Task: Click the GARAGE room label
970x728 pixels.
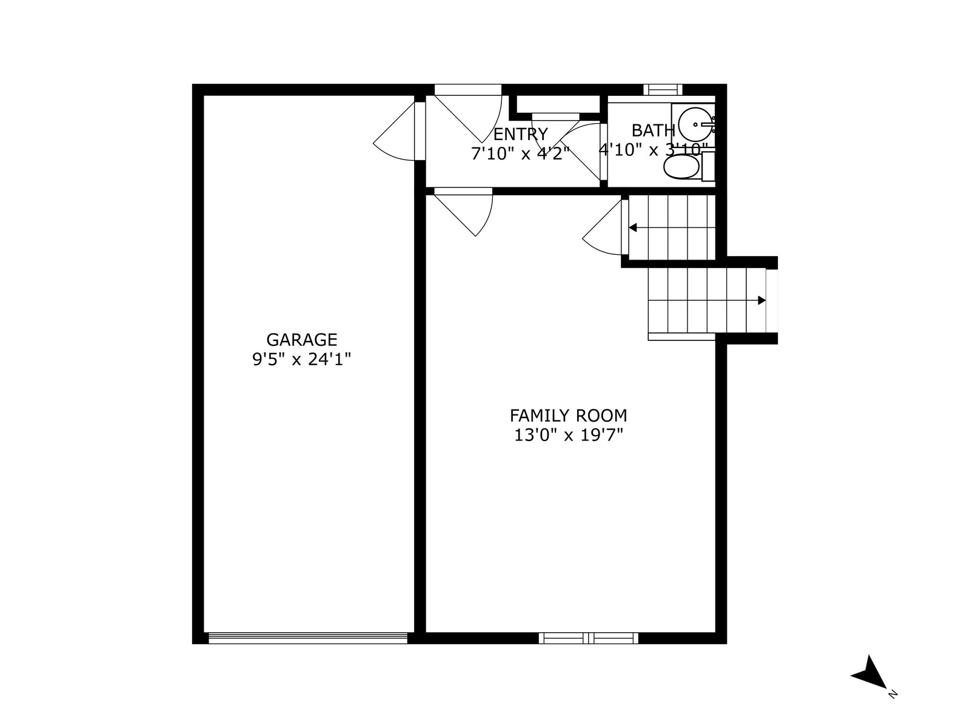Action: [x=302, y=340]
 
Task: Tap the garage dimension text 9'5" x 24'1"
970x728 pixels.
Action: [x=302, y=359]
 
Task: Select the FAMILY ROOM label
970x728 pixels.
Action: [x=568, y=416]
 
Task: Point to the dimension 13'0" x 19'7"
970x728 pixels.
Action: [x=568, y=436]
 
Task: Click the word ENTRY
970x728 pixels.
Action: [x=520, y=133]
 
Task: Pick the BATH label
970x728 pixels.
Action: [x=653, y=130]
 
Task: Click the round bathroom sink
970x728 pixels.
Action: [x=695, y=124]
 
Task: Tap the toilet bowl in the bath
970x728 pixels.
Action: [x=681, y=167]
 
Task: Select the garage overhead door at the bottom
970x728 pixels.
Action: [x=307, y=638]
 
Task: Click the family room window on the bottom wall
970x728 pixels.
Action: [x=589, y=638]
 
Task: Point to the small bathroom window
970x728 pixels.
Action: [x=663, y=90]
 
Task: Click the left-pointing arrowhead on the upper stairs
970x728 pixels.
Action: [x=633, y=227]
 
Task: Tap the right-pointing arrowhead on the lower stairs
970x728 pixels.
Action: [x=762, y=300]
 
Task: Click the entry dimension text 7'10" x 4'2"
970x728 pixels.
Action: [x=520, y=153]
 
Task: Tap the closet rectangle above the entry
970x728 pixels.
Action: [x=558, y=104]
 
